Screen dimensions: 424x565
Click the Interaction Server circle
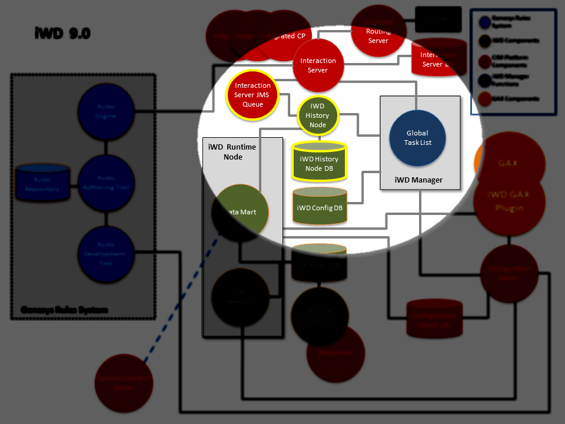[318, 65]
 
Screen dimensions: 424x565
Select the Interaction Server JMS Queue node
[252, 94]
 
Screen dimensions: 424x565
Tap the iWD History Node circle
[318, 116]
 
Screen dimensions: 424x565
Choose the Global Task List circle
[417, 138]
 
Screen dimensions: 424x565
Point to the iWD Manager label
[418, 180]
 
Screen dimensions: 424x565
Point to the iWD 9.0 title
[62, 34]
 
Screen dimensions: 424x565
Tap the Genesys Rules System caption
[64, 310]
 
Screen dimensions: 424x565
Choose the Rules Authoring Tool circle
[107, 182]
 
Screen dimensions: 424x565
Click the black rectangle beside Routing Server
[438, 19]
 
